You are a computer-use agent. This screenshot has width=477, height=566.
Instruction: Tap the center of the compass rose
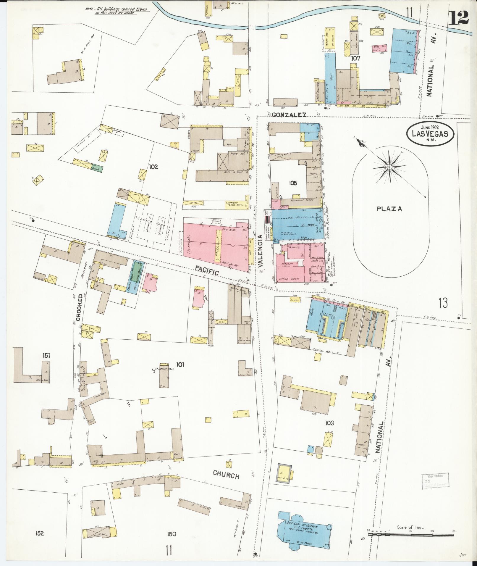[389, 167]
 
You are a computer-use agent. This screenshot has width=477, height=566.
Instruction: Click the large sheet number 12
[458, 17]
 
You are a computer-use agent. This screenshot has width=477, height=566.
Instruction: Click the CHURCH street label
[226, 475]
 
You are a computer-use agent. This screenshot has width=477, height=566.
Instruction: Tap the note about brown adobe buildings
[117, 11]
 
